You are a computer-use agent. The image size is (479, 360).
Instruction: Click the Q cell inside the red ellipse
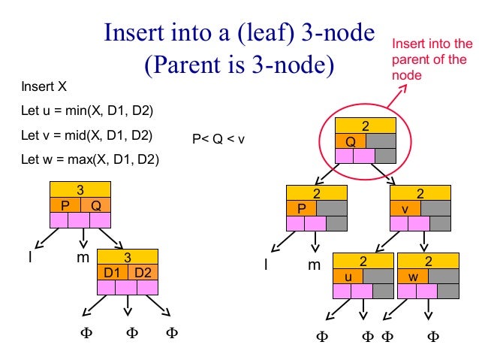pos(351,141)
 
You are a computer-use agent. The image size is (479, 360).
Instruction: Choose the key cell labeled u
pos(348,277)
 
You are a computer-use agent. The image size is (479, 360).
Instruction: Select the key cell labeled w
pos(413,277)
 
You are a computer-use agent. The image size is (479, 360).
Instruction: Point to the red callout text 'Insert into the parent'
pos(432,59)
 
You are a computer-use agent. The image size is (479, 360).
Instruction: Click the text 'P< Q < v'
pos(218,138)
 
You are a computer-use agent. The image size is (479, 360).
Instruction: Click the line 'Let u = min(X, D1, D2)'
pos(87,112)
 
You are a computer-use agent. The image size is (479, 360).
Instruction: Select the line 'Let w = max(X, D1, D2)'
pos(89,159)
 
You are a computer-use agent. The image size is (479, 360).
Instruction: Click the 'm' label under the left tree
pos(83,259)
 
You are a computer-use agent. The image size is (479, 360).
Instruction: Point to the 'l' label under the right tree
pos(266,265)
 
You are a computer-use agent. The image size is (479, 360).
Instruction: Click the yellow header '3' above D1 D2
pos(128,256)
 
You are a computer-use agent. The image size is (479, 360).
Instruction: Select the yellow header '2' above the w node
pos(427,262)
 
